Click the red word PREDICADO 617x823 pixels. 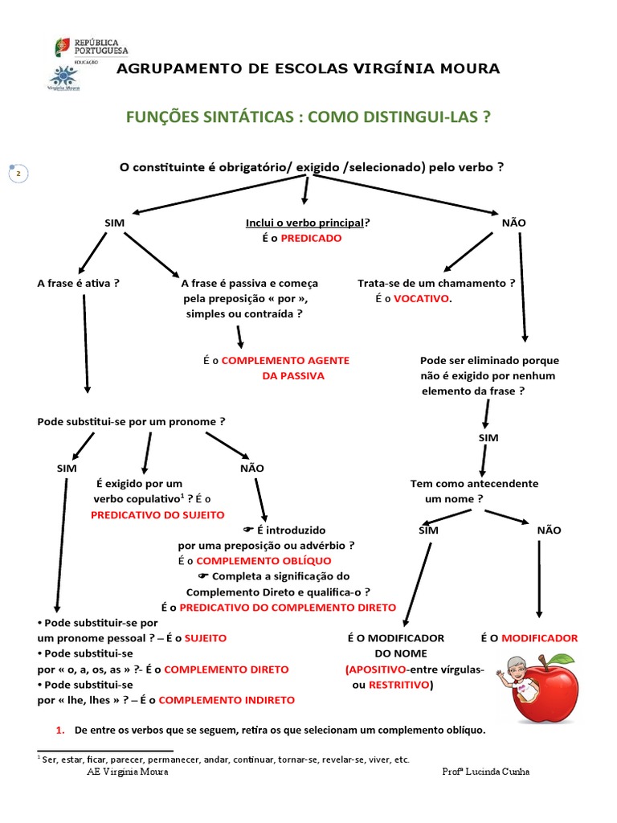(311, 239)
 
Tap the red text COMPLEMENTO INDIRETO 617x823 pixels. (227, 700)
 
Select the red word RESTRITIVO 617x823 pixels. (398, 685)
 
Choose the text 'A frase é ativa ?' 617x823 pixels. (79, 283)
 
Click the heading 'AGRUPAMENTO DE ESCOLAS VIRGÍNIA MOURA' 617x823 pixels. (308, 69)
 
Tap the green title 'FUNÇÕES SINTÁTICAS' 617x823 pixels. (206, 117)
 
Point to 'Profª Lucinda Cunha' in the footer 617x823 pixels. (486, 772)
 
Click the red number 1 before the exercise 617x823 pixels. (59, 731)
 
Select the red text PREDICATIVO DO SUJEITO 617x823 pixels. (157, 514)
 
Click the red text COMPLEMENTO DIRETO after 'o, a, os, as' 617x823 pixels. (227, 669)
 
